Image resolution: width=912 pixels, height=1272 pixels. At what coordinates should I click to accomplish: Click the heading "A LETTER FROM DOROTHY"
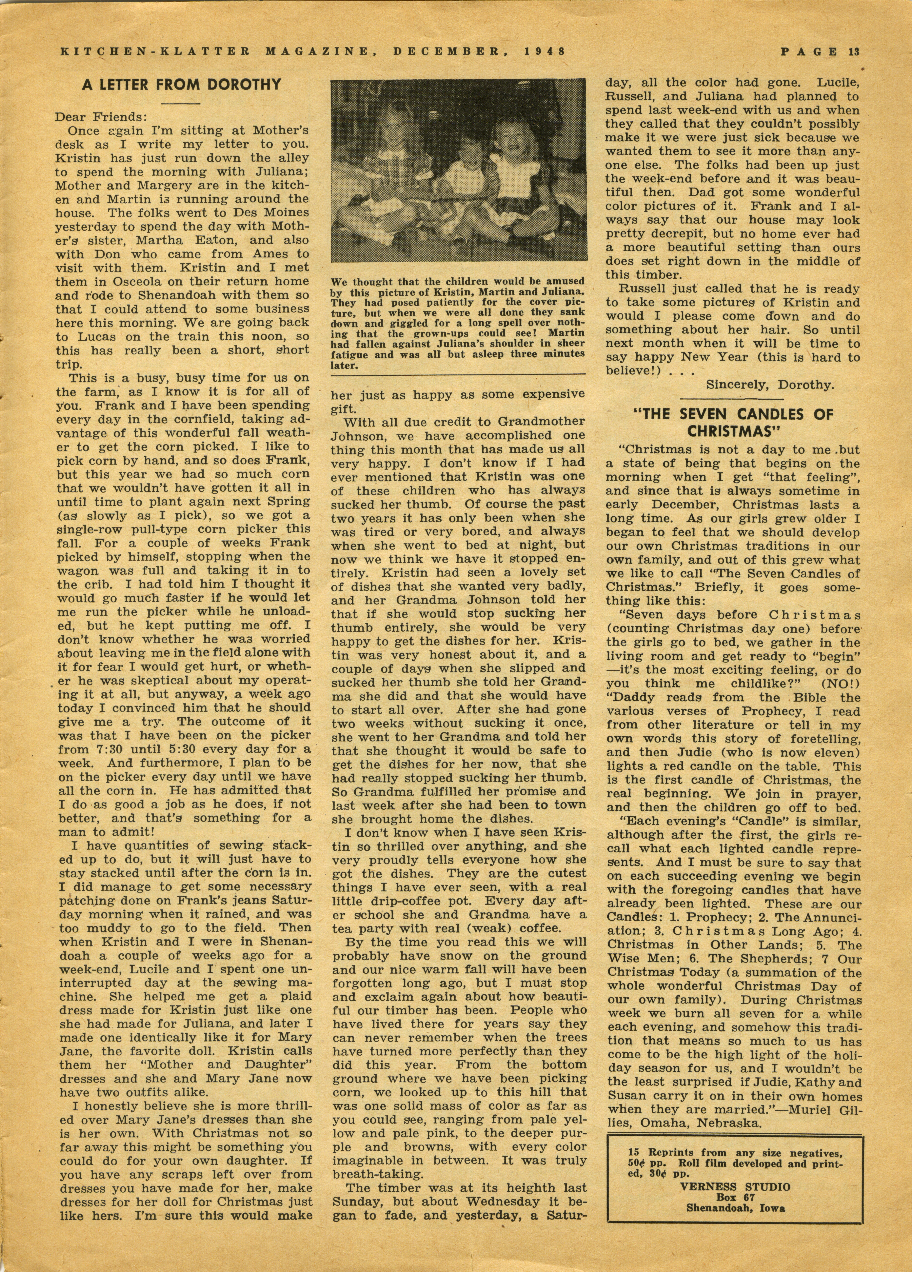tap(181, 85)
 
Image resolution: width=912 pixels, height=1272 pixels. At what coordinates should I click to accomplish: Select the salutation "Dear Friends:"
tap(100, 118)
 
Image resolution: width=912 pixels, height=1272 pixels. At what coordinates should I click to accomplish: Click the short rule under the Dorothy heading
tap(181, 103)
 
